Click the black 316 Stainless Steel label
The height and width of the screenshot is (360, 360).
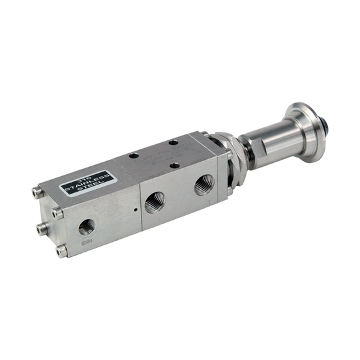pyautogui.click(x=87, y=184)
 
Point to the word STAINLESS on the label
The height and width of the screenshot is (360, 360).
pyautogui.click(x=87, y=183)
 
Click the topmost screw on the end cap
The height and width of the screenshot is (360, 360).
pyautogui.click(x=37, y=192)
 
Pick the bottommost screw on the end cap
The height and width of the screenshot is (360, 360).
pyautogui.click(x=62, y=250)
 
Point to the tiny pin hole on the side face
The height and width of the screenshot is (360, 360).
pyautogui.click(x=135, y=210)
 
